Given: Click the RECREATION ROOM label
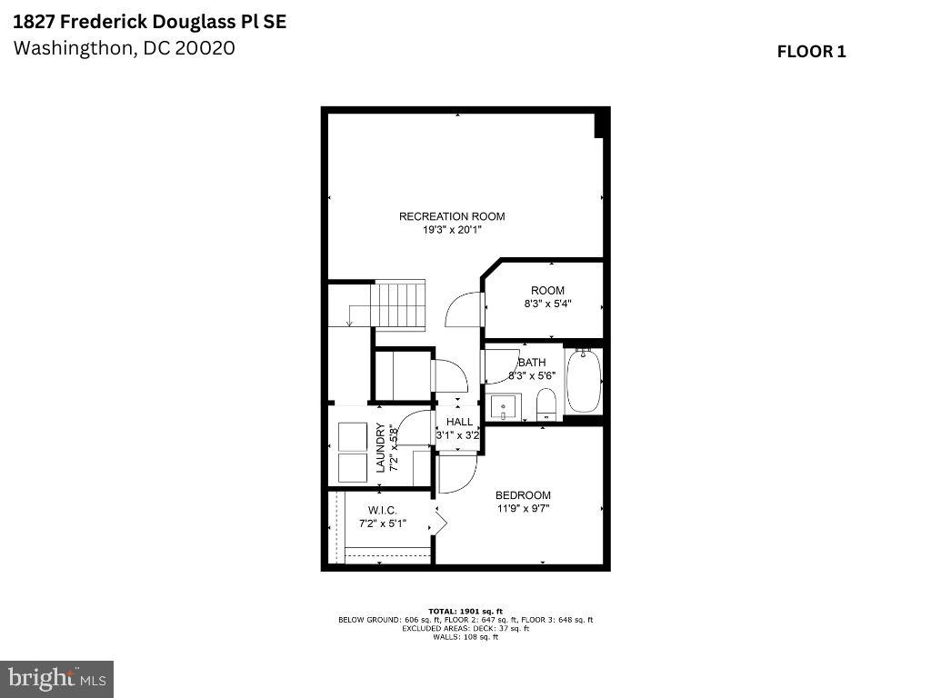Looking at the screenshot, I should (x=452, y=216).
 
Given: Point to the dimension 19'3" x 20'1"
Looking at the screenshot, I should (x=452, y=230).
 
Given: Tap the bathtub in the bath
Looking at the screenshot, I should (x=583, y=382).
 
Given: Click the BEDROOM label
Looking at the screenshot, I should (x=523, y=495).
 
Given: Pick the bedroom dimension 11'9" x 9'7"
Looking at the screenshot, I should (x=523, y=508).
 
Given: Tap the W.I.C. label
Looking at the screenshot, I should (x=382, y=510).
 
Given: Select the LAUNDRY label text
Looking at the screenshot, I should (x=381, y=449).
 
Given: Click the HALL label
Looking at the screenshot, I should (x=459, y=422).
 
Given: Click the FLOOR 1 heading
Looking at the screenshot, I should (x=811, y=52).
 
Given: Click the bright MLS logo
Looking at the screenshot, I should (x=57, y=678).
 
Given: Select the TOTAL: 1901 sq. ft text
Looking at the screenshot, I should (x=465, y=611).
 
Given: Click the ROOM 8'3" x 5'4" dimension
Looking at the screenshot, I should (x=547, y=304).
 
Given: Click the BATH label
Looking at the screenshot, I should (x=520, y=363).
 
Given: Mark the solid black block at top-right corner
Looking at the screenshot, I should (x=600, y=124).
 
